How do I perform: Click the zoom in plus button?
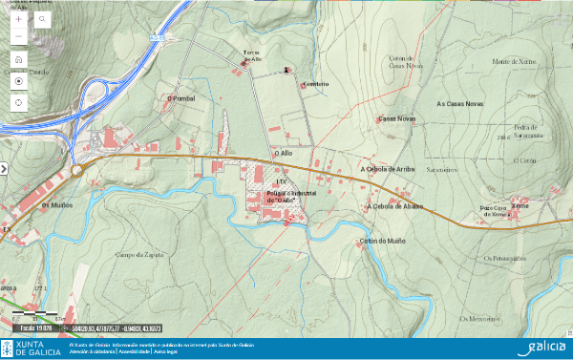point(18,19)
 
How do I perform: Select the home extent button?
point(18,59)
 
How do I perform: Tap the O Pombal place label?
point(180,97)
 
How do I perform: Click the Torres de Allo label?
point(252,56)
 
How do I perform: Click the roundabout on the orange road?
point(76,170)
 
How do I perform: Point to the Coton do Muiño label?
point(382,242)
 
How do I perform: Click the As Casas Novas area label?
point(460,103)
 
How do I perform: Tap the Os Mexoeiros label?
point(482,318)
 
